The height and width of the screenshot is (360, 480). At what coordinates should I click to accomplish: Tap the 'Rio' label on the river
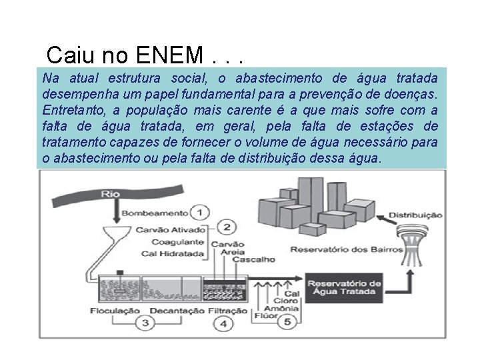tap(111, 194)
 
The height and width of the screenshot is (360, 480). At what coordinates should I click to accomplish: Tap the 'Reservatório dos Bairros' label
tap(346, 250)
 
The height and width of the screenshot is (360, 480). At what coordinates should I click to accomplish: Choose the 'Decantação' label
tap(177, 310)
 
